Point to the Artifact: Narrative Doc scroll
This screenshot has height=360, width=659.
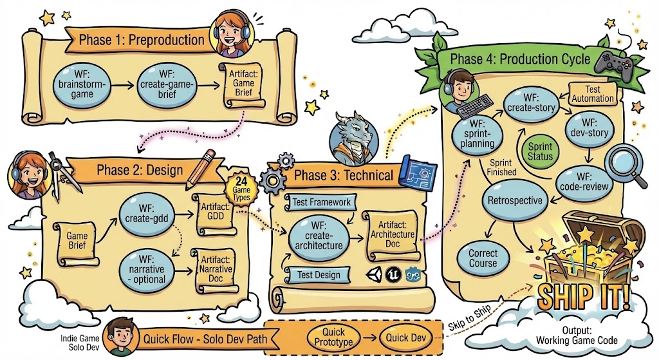216,269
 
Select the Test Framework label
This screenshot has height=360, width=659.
321,202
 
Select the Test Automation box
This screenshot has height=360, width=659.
591,93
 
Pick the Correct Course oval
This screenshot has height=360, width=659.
483,258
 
